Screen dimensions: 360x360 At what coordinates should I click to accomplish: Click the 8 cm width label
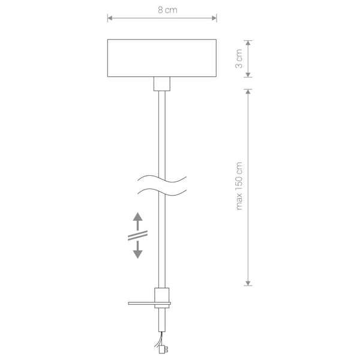click(167, 10)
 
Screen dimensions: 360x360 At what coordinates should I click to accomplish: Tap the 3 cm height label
click(239, 59)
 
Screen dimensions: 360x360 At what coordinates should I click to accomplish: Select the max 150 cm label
click(239, 186)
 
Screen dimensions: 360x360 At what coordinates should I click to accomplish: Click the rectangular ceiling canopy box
click(162, 58)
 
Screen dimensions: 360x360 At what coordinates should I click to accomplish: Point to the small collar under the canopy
click(162, 84)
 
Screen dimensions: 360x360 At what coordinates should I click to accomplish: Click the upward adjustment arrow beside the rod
click(137, 221)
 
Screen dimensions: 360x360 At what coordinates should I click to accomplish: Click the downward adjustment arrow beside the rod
click(137, 250)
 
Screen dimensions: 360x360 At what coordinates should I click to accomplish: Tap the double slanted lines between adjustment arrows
click(137, 236)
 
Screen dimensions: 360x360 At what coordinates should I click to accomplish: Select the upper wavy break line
click(162, 179)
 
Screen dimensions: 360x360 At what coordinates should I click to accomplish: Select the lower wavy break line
click(162, 192)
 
